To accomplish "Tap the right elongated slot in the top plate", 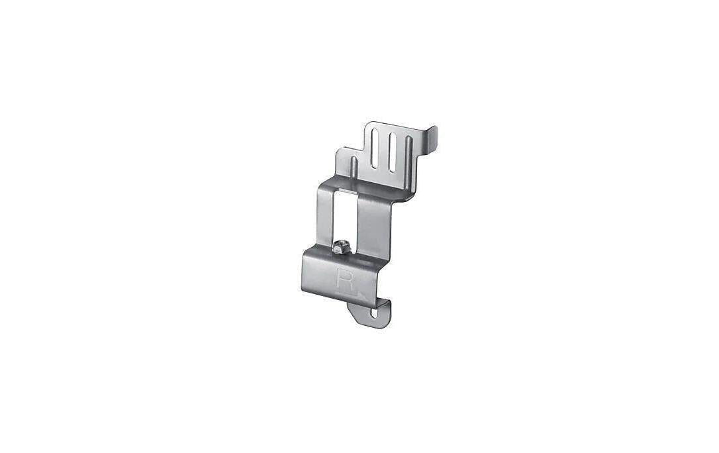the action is click(x=392, y=153).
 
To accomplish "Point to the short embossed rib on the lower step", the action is click(x=354, y=167).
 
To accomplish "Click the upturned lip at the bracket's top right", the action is click(x=432, y=138).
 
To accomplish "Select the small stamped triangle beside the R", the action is click(x=361, y=294).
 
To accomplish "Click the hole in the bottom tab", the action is click(x=376, y=314).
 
